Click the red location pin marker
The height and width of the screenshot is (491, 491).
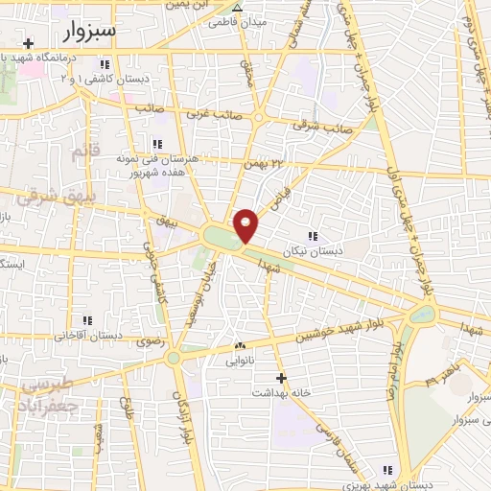tap(246, 224)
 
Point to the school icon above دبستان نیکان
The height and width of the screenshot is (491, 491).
tap(312, 236)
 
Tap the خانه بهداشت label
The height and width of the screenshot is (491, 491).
tap(281, 392)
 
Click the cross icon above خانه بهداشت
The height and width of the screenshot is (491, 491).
tap(281, 378)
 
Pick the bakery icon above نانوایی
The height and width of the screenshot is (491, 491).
tap(240, 346)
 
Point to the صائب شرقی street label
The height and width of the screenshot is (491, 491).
tap(325, 126)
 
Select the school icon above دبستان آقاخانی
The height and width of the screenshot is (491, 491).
tap(87, 320)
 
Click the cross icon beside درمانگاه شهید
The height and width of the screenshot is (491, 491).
tap(30, 44)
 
